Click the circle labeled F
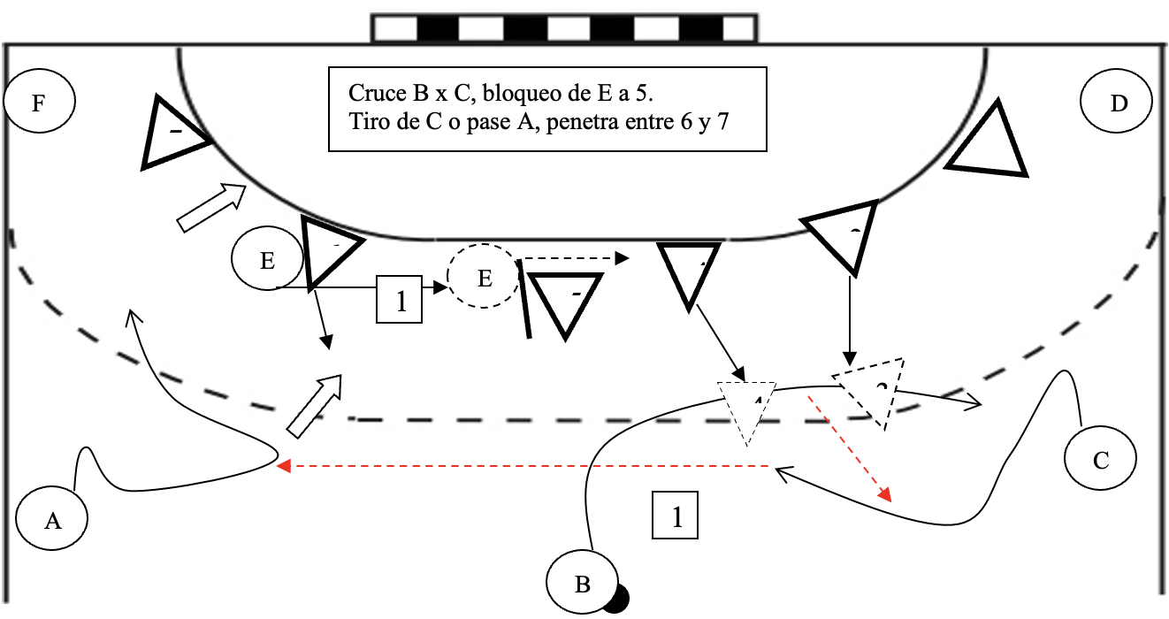click(x=39, y=103)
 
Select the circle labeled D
click(x=1118, y=103)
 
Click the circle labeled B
click(x=582, y=584)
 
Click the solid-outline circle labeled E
click(x=267, y=261)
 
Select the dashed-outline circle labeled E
click(x=484, y=278)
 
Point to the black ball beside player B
click(x=615, y=599)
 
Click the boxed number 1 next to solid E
click(x=401, y=300)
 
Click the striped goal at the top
click(x=563, y=27)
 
